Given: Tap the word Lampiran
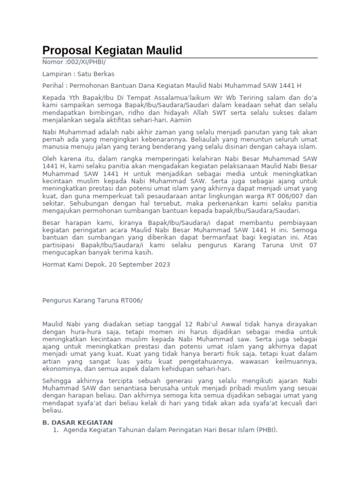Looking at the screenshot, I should (x=56, y=74).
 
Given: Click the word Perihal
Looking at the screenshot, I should (x=53, y=86).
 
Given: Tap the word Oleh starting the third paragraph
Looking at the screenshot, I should (x=50, y=159).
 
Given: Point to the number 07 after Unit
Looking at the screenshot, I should (x=313, y=245).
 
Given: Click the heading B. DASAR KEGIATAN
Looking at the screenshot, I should (x=77, y=422).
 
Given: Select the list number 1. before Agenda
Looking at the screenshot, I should (x=56, y=430).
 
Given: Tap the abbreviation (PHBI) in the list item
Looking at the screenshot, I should (x=267, y=430).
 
